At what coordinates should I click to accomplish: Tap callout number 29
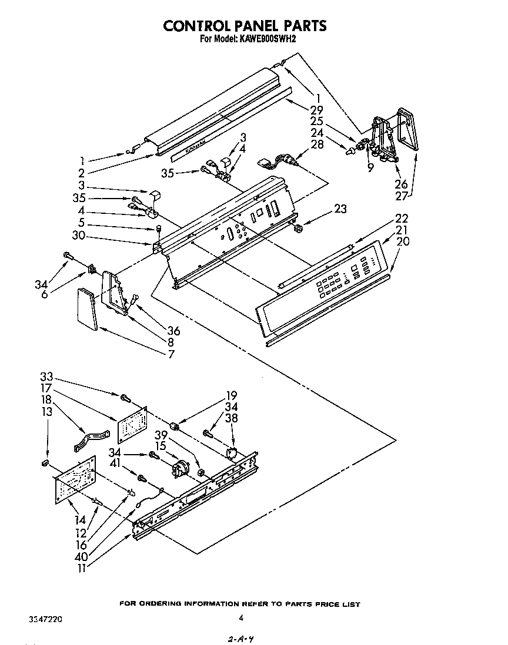point(317,110)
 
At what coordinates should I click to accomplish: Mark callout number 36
point(173,331)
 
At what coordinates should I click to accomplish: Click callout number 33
point(47,377)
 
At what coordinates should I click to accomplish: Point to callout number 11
point(83,569)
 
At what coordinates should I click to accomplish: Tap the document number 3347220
point(45,619)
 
